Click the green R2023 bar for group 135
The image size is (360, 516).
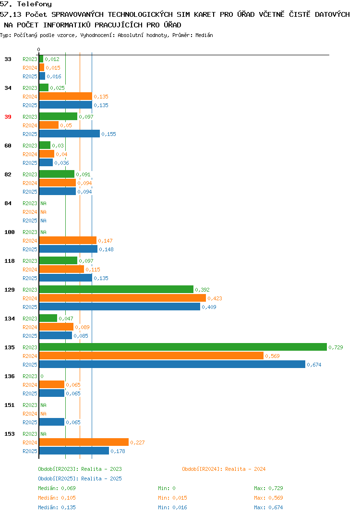(183, 347)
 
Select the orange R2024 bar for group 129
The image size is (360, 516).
(122, 298)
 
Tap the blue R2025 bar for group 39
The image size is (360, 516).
(70, 134)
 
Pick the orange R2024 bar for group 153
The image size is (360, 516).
(84, 442)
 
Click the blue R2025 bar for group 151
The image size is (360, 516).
(52, 422)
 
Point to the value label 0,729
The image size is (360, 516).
(336, 347)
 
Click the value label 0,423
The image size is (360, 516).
(215, 298)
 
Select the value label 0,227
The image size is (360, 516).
(137, 442)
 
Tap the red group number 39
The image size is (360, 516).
(8, 117)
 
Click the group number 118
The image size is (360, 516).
(10, 261)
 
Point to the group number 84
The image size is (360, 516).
(8, 203)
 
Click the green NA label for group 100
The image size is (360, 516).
(43, 232)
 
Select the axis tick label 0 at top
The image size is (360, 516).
(38, 49)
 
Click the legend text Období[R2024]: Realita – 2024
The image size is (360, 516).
(224, 469)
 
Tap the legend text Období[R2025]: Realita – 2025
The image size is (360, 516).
(80, 479)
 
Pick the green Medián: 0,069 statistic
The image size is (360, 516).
(57, 488)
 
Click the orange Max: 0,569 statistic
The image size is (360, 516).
(268, 498)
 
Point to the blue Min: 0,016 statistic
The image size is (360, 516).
(172, 507)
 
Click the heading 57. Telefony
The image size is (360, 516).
(26, 4)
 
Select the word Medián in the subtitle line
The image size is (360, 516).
(204, 35)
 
